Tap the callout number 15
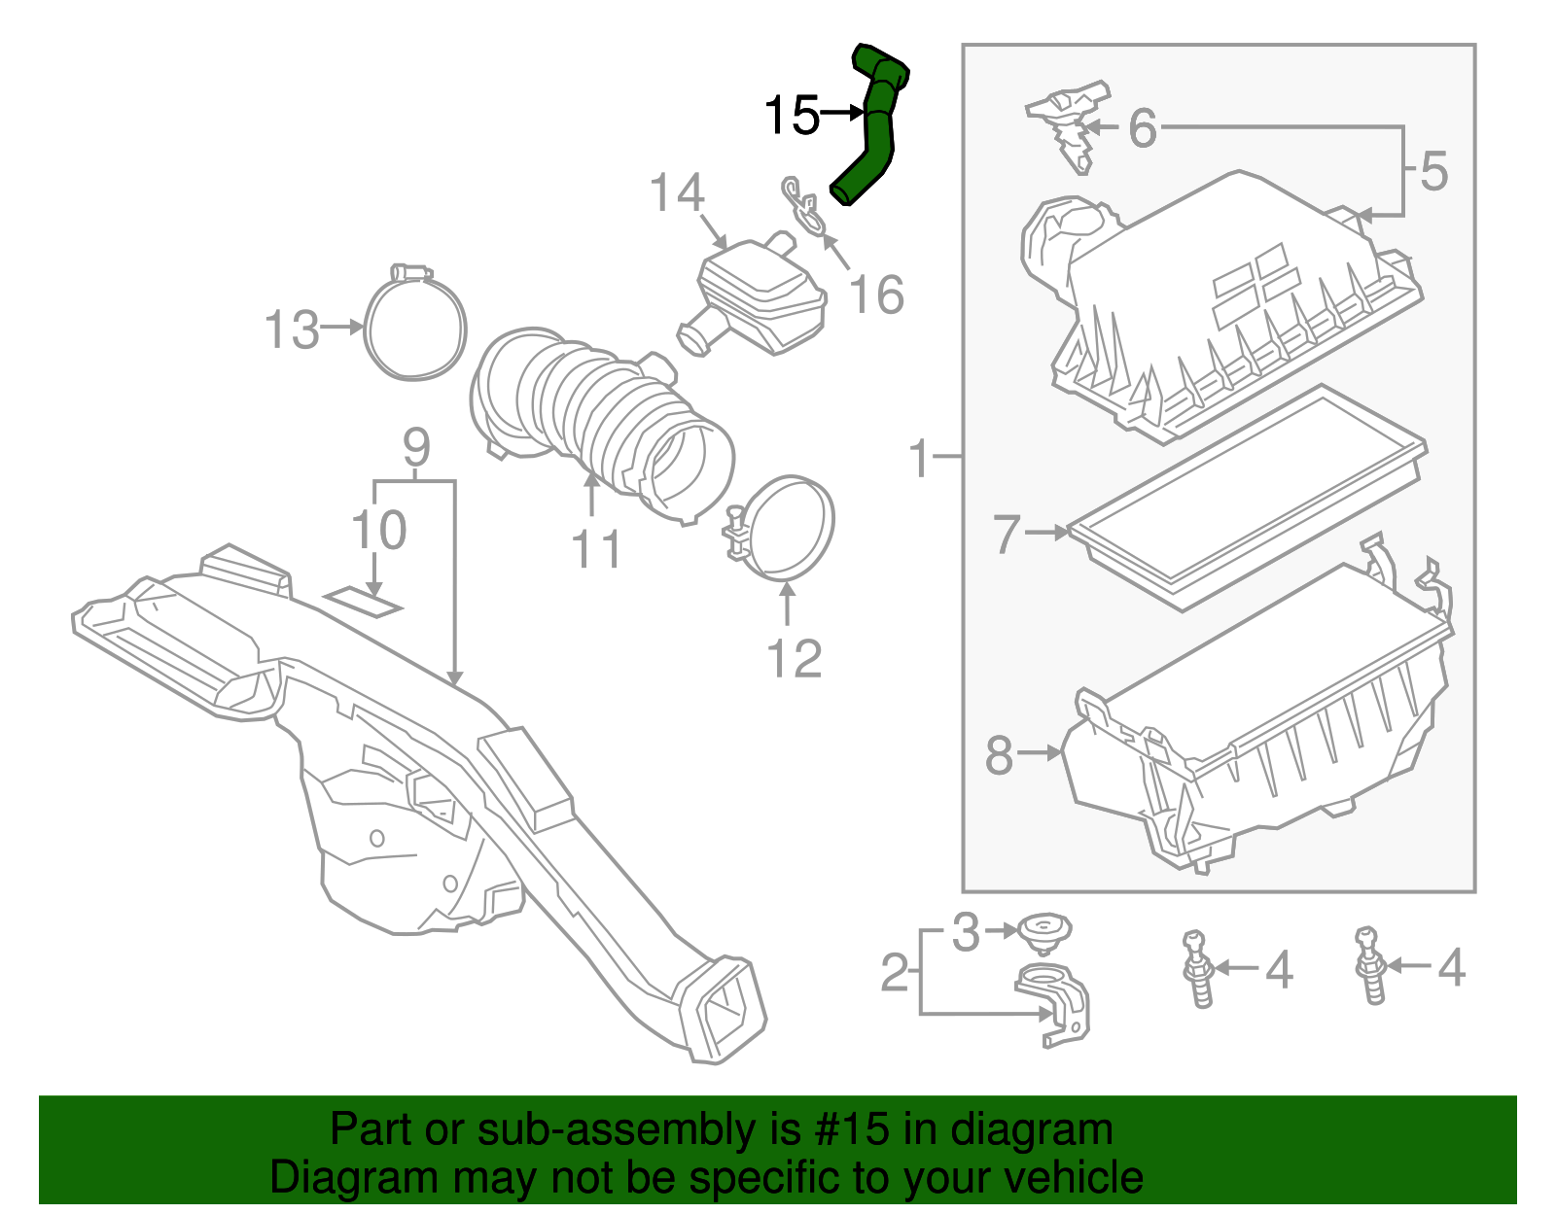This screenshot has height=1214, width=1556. (792, 116)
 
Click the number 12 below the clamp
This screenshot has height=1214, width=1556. (794, 659)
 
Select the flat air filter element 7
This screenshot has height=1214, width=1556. (1245, 496)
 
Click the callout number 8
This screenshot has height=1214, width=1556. (999, 754)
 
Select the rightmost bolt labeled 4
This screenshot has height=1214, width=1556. (1370, 967)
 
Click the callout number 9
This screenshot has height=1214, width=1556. (415, 448)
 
